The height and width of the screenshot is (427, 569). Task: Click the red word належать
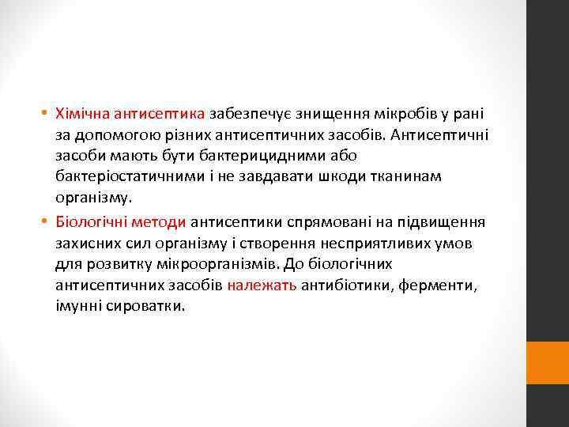coord(262,282)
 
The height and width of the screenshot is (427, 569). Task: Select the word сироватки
coord(144,303)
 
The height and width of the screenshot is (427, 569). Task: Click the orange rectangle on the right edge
coord(547,363)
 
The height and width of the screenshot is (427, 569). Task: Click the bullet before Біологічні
coord(47,221)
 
